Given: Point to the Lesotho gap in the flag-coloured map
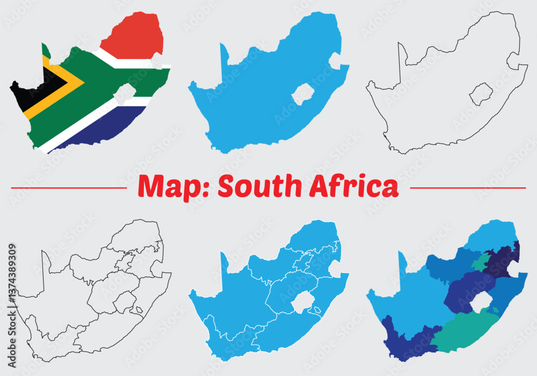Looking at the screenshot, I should pyautogui.click(x=125, y=93).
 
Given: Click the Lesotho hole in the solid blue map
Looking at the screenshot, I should pyautogui.click(x=303, y=94).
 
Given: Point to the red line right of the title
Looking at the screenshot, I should pyautogui.click(x=467, y=188).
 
